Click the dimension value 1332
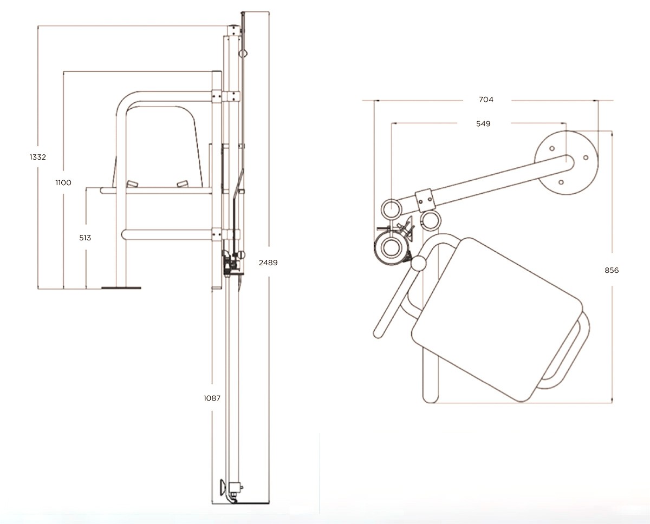click(x=37, y=157)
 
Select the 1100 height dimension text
click(x=63, y=182)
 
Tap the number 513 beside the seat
click(x=85, y=238)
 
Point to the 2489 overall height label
click(x=268, y=263)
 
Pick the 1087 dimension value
click(x=211, y=397)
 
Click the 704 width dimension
click(x=486, y=100)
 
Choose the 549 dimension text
click(x=483, y=123)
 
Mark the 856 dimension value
click(x=611, y=270)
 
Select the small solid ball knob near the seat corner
click(x=418, y=264)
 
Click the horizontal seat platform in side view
click(x=157, y=191)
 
